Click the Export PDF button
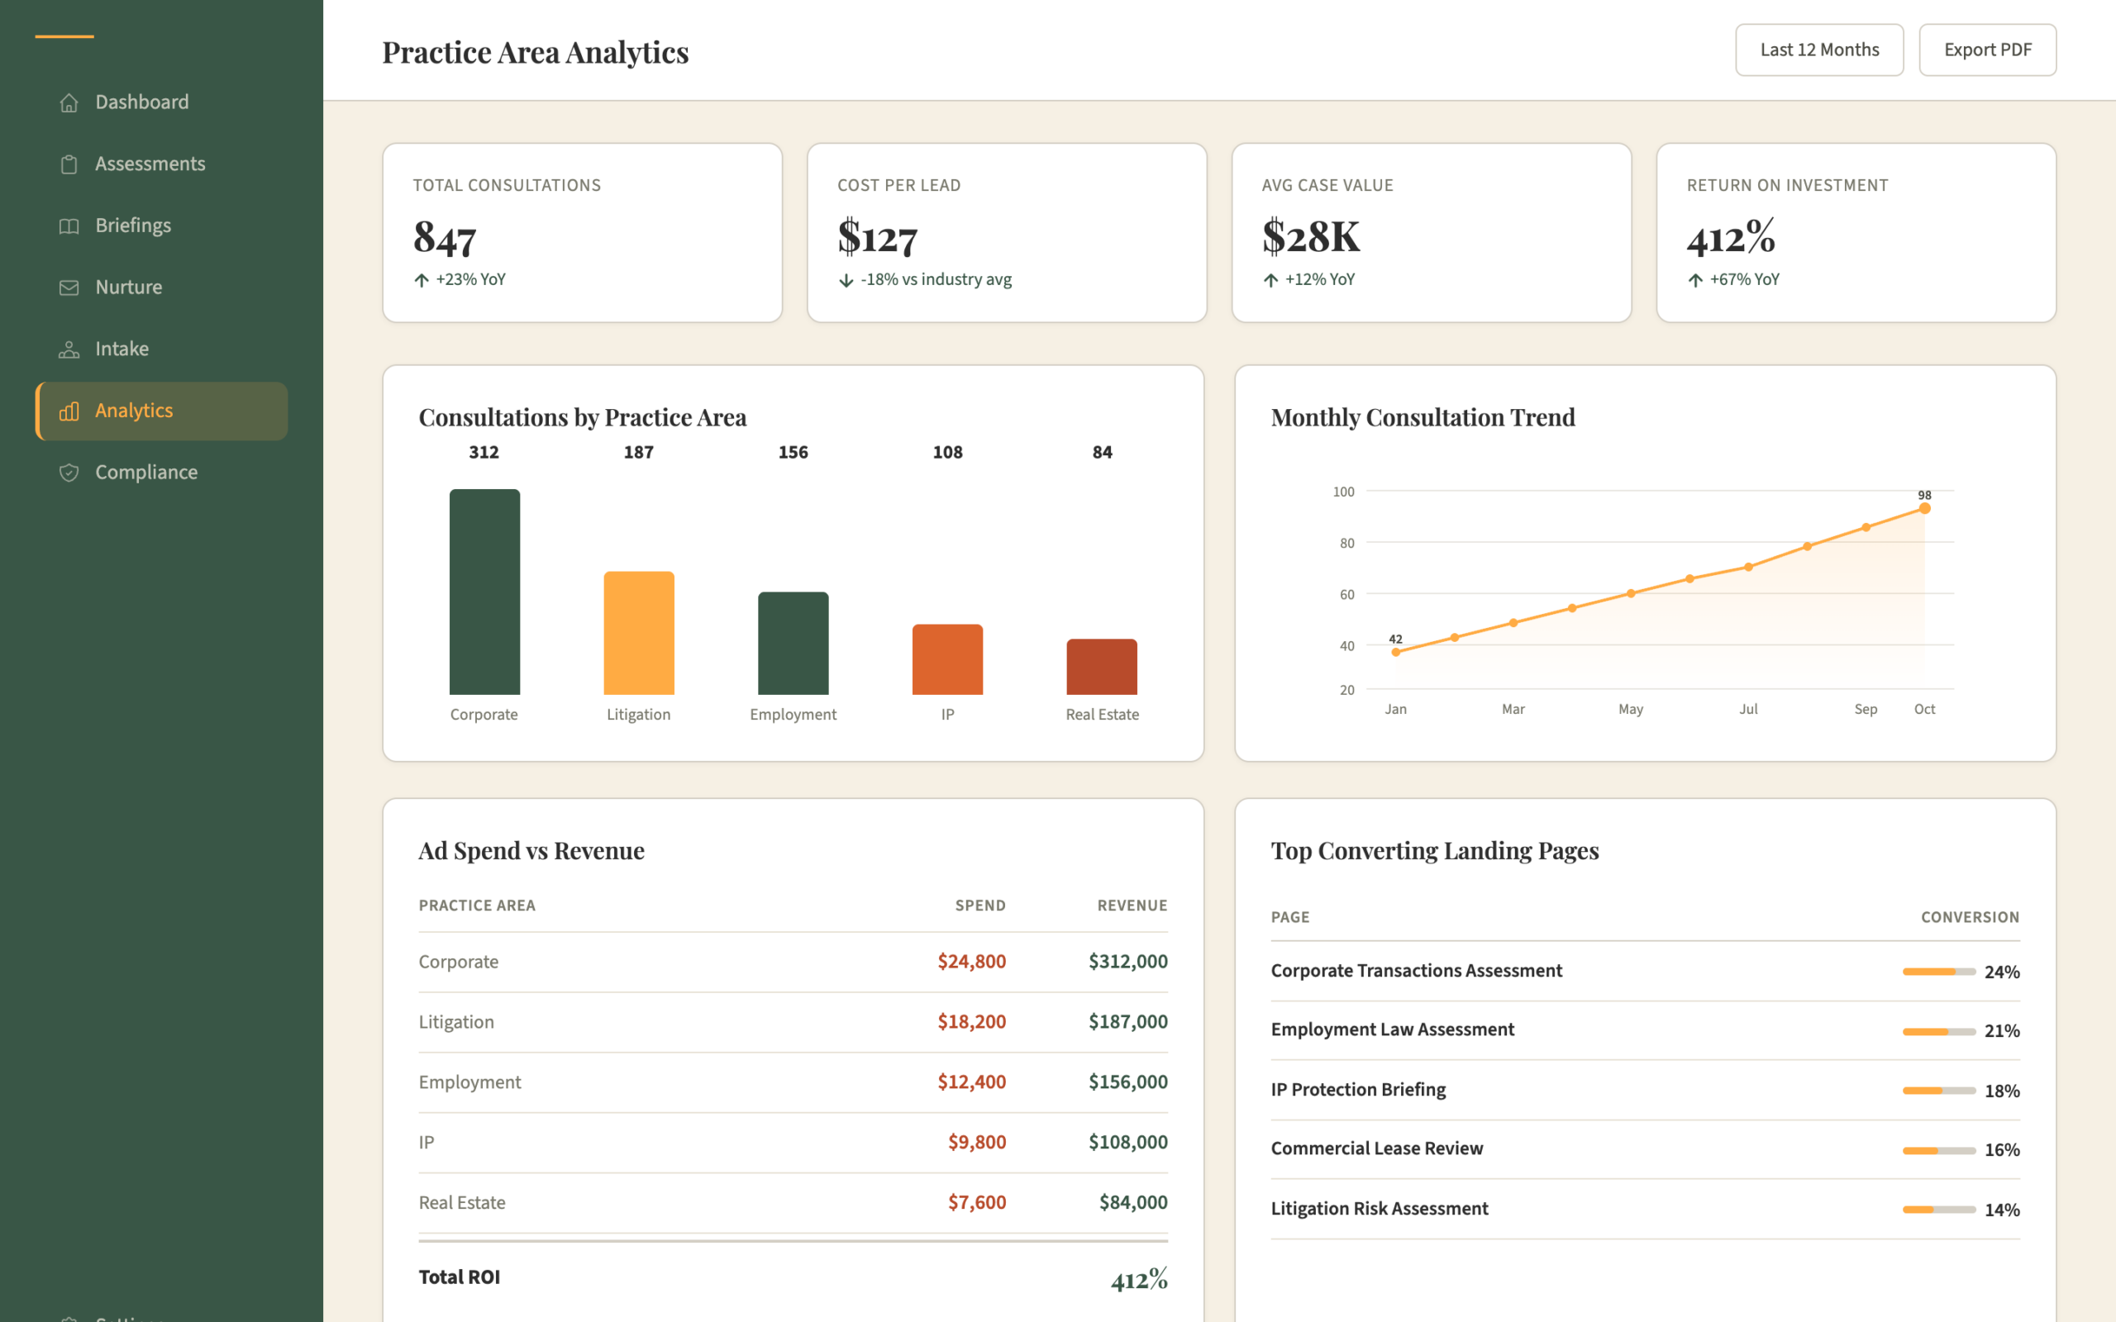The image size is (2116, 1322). tap(1986, 50)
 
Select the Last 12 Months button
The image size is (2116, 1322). tap(1818, 50)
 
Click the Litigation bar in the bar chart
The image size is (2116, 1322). tap(639, 633)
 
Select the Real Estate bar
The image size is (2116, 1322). tap(1102, 667)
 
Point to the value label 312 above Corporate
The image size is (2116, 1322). tap(484, 452)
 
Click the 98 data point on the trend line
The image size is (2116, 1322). tap(1924, 508)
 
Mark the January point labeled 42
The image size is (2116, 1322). tap(1395, 652)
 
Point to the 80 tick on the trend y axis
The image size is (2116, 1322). tap(1346, 543)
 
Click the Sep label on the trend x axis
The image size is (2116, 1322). tap(1865, 709)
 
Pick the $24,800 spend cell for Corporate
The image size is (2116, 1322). tap(971, 962)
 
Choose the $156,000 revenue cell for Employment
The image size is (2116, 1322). tap(1128, 1082)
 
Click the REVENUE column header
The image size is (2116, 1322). tap(1132, 906)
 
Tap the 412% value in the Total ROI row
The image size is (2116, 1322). tap(1139, 1279)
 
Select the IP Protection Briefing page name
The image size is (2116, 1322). tap(1358, 1090)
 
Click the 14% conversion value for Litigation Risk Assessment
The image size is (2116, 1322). tap(2002, 1210)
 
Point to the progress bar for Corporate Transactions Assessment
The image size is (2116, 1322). tap(1938, 972)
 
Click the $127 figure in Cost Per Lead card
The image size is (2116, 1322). tap(877, 236)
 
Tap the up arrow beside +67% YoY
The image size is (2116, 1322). tap(1695, 280)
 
